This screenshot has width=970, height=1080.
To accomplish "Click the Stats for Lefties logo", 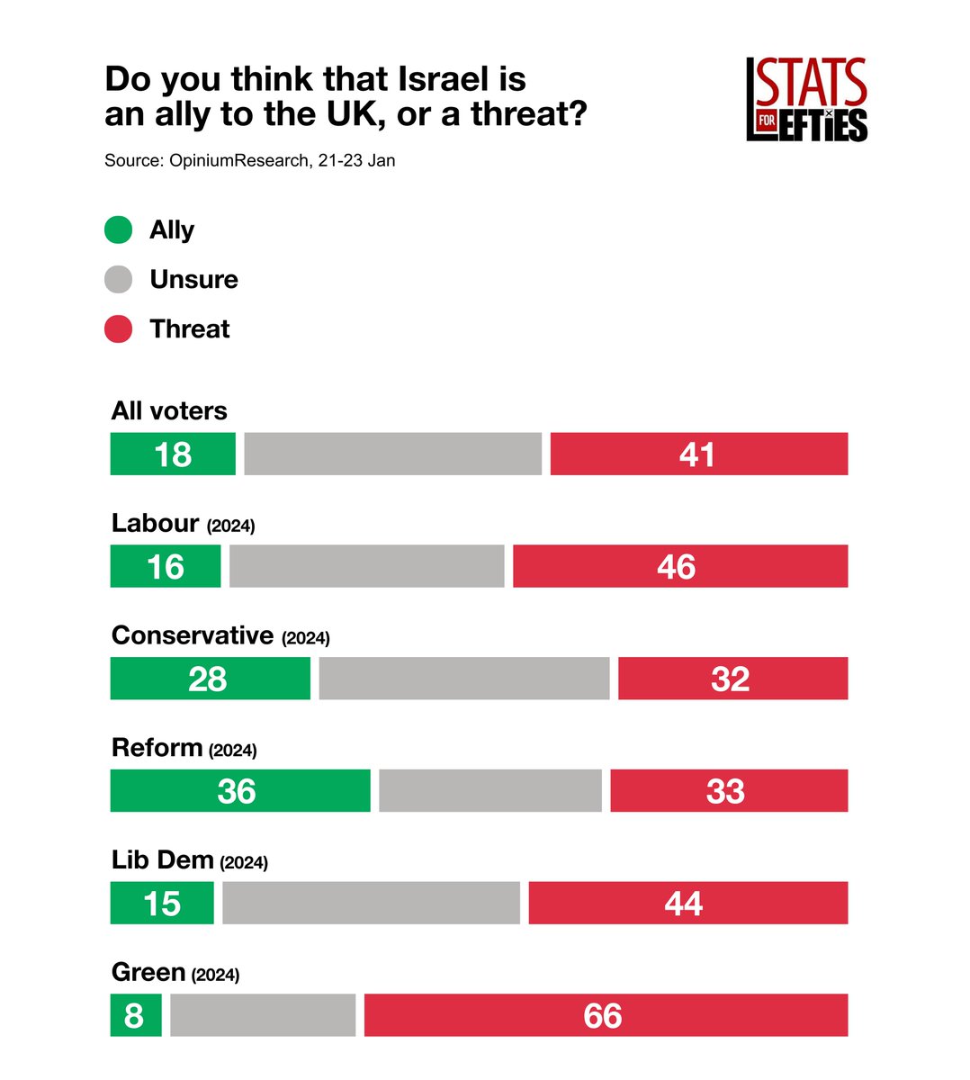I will [806, 100].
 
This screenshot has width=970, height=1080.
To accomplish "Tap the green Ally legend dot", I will [119, 230].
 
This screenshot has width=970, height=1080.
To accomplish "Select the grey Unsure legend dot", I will [119, 280].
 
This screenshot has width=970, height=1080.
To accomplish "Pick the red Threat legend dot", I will [119, 329].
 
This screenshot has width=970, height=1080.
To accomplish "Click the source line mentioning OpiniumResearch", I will [249, 161].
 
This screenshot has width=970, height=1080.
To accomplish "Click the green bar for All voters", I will [173, 454].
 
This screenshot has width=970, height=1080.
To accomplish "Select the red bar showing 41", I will [698, 454].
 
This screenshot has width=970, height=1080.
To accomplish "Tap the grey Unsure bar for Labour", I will [366, 566].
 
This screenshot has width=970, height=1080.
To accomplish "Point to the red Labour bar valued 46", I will [679, 566].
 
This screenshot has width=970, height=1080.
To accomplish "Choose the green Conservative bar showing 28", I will [210, 679].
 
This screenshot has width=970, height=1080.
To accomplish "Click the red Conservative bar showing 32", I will [732, 679].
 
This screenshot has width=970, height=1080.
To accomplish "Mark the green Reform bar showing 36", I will [239, 791].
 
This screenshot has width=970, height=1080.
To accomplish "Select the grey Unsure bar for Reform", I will [489, 791].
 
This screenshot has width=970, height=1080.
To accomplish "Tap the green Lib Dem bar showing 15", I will [162, 903].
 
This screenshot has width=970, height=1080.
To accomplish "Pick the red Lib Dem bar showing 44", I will [687, 903].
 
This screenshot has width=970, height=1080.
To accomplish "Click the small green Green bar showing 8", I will [136, 1015].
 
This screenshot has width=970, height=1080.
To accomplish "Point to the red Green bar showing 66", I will [606, 1015].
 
